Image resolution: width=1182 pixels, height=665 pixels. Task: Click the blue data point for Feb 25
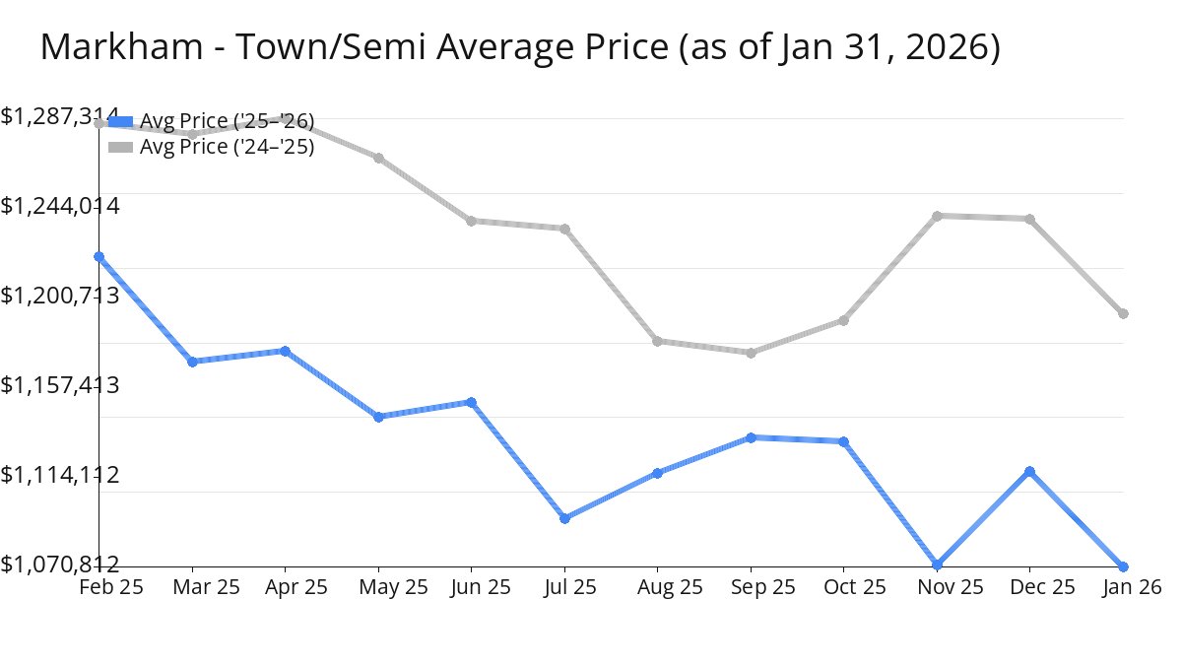click(x=99, y=257)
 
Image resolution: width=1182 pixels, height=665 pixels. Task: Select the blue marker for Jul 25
click(x=564, y=518)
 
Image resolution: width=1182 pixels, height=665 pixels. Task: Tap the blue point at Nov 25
click(x=937, y=565)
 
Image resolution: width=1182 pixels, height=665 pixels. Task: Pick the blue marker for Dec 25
click(x=1029, y=472)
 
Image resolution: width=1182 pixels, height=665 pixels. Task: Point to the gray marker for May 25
click(x=378, y=158)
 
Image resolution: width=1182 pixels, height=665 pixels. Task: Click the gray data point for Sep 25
click(x=751, y=353)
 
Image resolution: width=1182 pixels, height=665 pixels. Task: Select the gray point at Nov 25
click(x=937, y=216)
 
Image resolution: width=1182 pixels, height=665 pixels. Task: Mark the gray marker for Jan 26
click(x=1123, y=314)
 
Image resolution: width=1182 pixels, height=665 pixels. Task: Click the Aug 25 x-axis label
click(x=671, y=587)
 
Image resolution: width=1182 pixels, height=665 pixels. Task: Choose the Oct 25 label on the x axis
click(x=855, y=587)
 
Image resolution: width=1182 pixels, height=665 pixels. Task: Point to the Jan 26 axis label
click(x=1131, y=587)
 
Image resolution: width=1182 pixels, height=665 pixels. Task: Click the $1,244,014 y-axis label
click(x=60, y=206)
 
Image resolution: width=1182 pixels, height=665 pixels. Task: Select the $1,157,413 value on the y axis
click(x=60, y=384)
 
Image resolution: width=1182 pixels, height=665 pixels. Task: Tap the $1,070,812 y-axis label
click(x=60, y=564)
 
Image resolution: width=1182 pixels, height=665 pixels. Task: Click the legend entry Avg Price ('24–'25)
click(x=227, y=148)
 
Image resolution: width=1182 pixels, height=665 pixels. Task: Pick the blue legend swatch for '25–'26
click(x=120, y=121)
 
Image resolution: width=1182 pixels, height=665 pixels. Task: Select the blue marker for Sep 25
click(x=751, y=437)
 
